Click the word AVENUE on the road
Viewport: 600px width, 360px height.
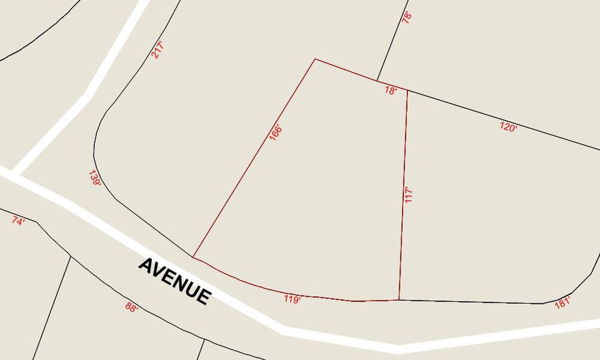[x=175, y=281]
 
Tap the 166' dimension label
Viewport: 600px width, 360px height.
[x=275, y=133]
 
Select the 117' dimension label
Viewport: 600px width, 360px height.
[x=409, y=195]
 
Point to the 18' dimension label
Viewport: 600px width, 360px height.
[x=391, y=90]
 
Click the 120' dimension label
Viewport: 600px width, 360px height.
[x=508, y=127]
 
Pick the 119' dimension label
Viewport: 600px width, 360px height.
[x=292, y=299]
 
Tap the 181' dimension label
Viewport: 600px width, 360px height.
[x=562, y=302]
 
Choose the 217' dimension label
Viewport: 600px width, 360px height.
[x=158, y=49]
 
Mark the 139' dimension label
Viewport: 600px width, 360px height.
[x=95, y=179]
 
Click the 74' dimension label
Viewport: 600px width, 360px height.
[x=18, y=221]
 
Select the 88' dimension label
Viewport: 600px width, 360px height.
[x=132, y=307]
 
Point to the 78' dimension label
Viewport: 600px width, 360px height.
[x=407, y=16]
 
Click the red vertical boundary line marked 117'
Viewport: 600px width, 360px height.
[x=403, y=232]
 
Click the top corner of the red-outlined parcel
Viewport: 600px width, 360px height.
[x=315, y=59]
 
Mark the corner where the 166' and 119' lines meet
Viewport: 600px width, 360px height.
[x=193, y=257]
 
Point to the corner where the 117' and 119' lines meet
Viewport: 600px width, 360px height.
[x=399, y=300]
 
